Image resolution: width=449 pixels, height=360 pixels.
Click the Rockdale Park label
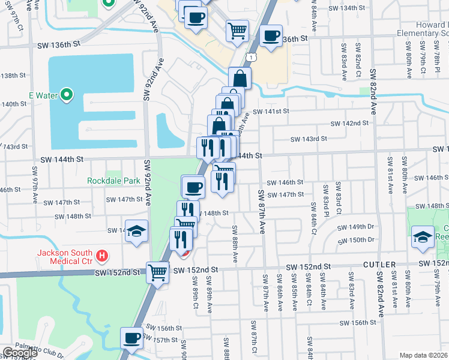(x=113, y=180)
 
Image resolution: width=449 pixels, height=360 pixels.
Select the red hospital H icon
(x=103, y=256)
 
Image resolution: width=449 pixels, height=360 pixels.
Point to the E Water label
(x=41, y=95)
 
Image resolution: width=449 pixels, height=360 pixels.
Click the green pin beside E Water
(x=67, y=94)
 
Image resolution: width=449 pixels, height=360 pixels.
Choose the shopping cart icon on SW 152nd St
(x=158, y=271)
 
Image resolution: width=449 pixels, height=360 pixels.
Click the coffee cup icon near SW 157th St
(x=131, y=337)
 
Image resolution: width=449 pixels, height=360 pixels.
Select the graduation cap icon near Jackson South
(x=136, y=231)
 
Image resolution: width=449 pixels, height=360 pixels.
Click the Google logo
(x=19, y=353)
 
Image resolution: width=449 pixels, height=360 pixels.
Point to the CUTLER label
(x=379, y=265)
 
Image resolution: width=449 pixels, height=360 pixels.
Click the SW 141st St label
(x=271, y=111)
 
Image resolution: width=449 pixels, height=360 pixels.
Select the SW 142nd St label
(x=349, y=123)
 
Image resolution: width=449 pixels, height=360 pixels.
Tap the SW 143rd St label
(x=309, y=139)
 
